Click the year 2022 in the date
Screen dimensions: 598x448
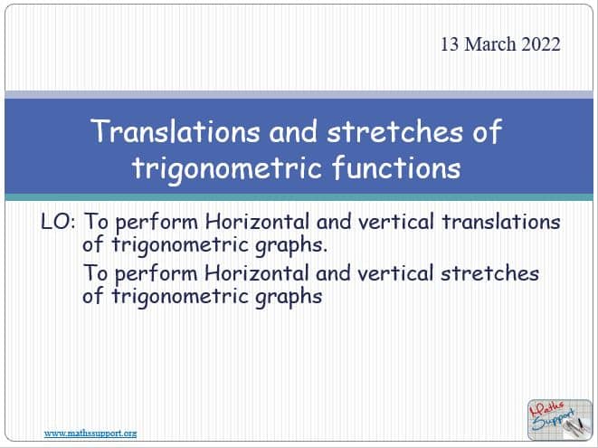click(x=541, y=44)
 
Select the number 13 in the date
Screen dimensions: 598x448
click(x=450, y=44)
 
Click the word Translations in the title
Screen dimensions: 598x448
click(x=176, y=131)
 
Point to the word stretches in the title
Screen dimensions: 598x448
click(x=394, y=131)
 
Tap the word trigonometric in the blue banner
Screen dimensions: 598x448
click(x=227, y=168)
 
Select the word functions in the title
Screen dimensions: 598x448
click(x=396, y=168)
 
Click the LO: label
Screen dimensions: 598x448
click(x=58, y=222)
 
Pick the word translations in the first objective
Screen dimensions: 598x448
click(x=501, y=222)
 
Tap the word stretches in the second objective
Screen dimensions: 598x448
click(x=489, y=273)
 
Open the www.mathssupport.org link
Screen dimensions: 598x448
click(x=90, y=434)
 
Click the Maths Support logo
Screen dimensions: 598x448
click(x=559, y=420)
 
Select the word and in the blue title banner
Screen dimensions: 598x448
click(x=293, y=131)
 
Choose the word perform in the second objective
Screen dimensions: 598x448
click(x=157, y=274)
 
